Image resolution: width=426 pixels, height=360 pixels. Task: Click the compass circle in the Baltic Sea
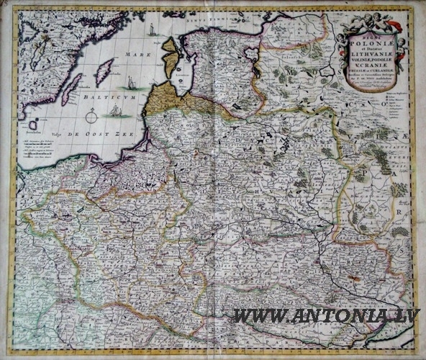click(91, 115)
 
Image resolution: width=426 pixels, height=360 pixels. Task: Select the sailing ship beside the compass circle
click(115, 110)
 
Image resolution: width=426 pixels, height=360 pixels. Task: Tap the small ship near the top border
click(151, 30)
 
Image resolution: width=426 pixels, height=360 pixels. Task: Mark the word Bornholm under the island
click(32, 133)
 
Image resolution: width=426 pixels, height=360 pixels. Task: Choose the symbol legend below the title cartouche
click(396, 108)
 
